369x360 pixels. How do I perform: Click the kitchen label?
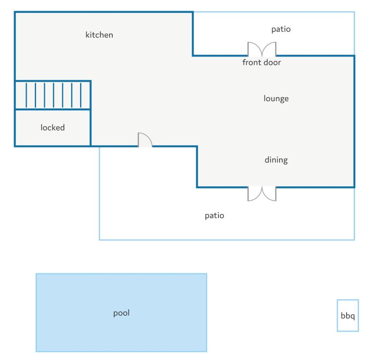point(99,35)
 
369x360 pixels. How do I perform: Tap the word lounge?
point(276,99)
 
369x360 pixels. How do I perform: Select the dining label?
point(276,160)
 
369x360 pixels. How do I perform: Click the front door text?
point(261,62)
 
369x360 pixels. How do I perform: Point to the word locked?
point(53,127)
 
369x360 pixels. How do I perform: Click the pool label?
point(122,313)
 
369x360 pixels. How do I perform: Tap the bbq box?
point(348,315)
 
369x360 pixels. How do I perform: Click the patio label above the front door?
point(281,29)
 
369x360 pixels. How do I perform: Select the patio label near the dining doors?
point(215,216)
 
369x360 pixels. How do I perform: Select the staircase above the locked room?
point(53,95)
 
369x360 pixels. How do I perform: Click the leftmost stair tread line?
point(26,95)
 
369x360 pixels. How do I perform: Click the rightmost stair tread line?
point(81,95)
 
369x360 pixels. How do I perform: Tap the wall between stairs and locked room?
point(53,110)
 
